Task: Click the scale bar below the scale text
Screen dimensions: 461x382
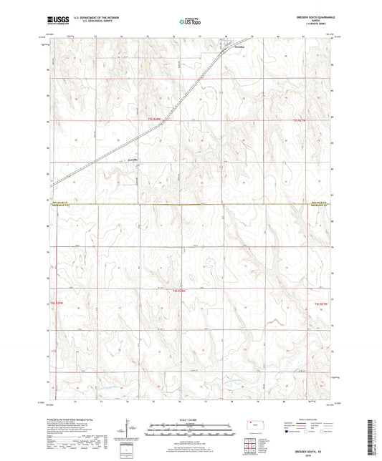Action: tap(191, 431)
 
